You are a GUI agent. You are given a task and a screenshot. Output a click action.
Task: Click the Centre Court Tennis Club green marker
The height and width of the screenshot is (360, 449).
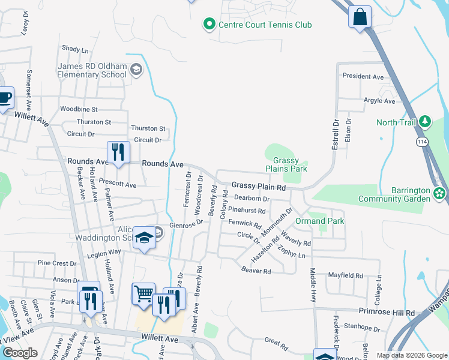click(x=209, y=25)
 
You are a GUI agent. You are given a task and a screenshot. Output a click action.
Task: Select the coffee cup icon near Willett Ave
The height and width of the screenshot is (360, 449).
click(x=4, y=98)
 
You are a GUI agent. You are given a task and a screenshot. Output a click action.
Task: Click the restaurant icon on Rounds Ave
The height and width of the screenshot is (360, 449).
click(x=118, y=152)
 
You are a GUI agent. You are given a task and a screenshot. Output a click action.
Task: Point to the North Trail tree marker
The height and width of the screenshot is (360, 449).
click(x=426, y=122)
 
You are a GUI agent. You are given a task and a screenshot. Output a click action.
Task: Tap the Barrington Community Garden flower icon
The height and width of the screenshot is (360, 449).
click(x=440, y=194)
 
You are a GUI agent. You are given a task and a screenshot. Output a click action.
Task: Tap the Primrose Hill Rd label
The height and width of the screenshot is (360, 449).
click(x=387, y=313)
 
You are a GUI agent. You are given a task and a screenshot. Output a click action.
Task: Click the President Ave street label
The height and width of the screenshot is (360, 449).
click(x=363, y=77)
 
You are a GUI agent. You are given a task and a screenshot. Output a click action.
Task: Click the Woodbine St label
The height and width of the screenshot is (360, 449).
click(x=79, y=109)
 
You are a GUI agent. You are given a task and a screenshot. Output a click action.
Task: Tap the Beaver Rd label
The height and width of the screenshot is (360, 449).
click(x=256, y=271)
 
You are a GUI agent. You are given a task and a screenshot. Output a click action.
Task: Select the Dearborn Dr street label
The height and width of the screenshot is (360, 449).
click(x=252, y=199)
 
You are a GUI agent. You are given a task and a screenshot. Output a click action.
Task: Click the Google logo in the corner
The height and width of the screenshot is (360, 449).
click(x=19, y=353)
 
